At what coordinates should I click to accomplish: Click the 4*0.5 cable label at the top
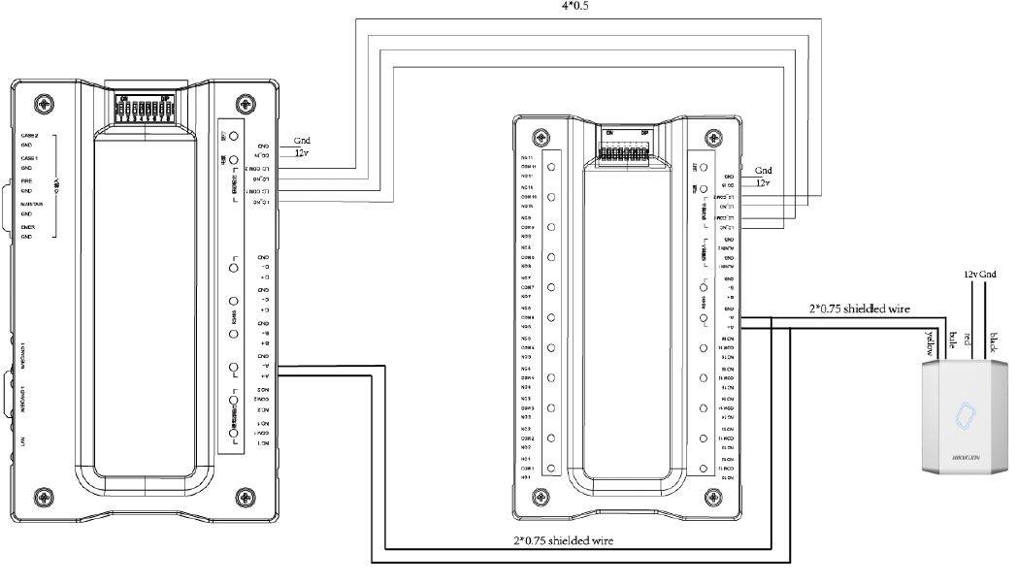[x=575, y=5]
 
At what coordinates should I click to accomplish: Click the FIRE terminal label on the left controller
[x=28, y=180]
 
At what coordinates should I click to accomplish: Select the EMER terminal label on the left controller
[x=28, y=226]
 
